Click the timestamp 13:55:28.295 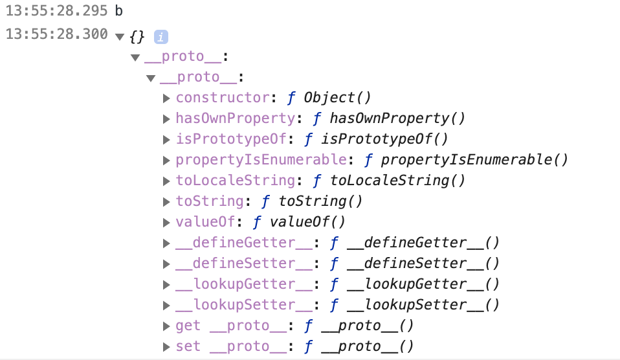click(x=56, y=11)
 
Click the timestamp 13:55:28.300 click(x=56, y=34)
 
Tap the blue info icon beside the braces click(x=161, y=37)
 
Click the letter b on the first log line click(x=118, y=11)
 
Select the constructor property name click(x=222, y=98)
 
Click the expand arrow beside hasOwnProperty click(x=167, y=118)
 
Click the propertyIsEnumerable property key click(x=261, y=160)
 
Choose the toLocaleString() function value click(x=398, y=181)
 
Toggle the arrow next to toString click(x=167, y=201)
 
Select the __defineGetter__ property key click(x=244, y=243)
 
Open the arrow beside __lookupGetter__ click(x=167, y=284)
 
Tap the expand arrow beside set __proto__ click(x=167, y=346)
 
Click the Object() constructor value click(x=337, y=98)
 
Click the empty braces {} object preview click(x=137, y=36)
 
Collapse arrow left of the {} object click(x=119, y=37)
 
